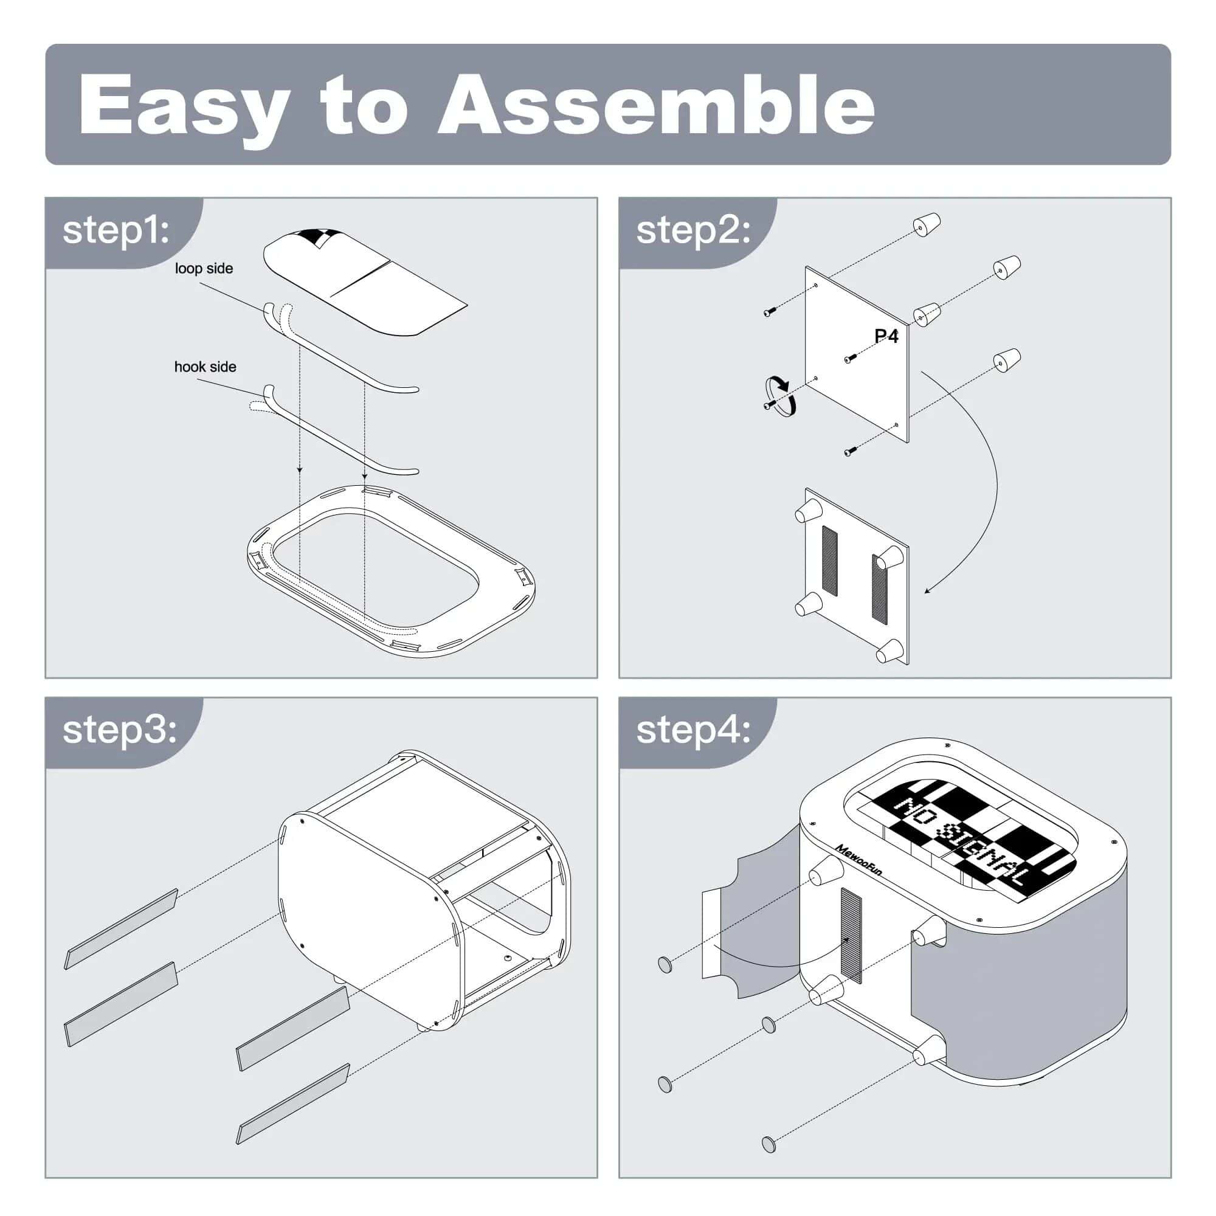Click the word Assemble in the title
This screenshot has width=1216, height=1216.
point(656,106)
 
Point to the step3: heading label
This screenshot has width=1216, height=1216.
point(120,730)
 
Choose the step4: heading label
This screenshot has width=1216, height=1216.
point(693,730)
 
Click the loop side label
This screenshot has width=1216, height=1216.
point(204,269)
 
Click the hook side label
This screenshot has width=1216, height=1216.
point(205,367)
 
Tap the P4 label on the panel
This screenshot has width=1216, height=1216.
point(886,336)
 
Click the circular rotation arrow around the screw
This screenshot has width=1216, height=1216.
point(780,396)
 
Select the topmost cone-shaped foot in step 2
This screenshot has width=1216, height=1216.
point(927,225)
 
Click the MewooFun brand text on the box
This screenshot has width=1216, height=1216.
point(858,860)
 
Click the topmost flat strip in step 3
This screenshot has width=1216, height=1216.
point(121,929)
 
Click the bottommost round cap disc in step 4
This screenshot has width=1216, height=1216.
point(769,1144)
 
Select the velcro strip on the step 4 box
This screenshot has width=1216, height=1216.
point(851,935)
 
